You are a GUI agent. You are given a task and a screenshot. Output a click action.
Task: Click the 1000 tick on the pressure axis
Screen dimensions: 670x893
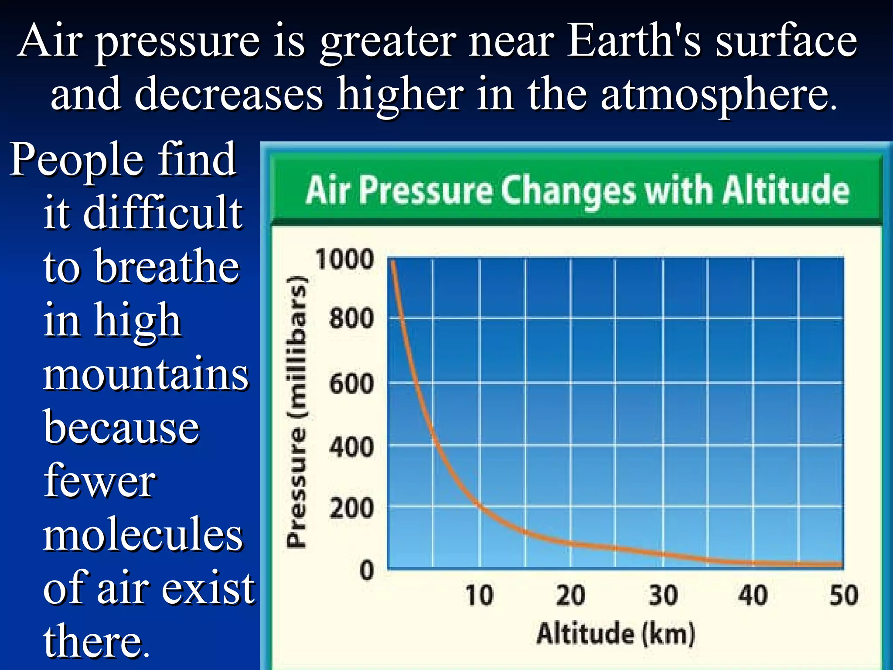pos(344,259)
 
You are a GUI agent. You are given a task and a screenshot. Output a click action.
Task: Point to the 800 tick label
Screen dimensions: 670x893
pos(351,318)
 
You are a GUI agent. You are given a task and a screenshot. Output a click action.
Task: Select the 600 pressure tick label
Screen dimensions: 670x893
pos(351,384)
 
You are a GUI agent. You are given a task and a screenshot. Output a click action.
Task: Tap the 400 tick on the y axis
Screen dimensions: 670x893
pos(351,448)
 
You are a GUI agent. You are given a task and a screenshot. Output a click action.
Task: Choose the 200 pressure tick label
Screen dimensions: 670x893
pos(351,509)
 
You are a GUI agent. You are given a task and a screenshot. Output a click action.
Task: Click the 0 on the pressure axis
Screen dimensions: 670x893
pos(367,571)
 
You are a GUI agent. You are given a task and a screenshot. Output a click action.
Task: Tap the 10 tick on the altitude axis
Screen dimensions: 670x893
pos(479,595)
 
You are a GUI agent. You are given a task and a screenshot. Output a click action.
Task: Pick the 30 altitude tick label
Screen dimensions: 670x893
pos(663,595)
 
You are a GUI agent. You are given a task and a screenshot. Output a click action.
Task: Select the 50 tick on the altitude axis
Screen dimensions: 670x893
pos(844,595)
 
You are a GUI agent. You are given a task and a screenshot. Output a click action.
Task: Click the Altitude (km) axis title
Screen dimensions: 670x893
pos(616,633)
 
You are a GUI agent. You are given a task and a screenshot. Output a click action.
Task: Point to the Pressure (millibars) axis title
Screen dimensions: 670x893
pos(297,412)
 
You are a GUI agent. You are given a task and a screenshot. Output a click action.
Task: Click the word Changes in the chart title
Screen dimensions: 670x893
pos(568,191)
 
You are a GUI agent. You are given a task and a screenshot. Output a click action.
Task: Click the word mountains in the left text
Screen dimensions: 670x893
pos(146,374)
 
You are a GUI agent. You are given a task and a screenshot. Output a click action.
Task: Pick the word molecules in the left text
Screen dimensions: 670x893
pos(143,535)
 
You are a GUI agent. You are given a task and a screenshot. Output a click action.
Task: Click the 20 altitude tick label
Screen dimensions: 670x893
pos(570,595)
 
